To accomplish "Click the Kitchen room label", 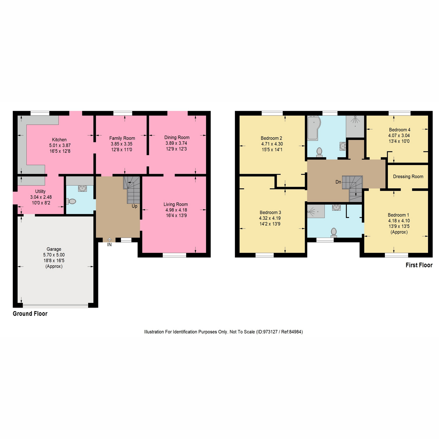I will [x=59, y=140].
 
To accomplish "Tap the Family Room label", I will [x=122, y=138].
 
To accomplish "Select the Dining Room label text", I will [x=177, y=138].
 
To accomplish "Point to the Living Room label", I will [x=176, y=205].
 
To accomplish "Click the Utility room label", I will [x=40, y=191].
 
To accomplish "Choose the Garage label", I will [x=54, y=249].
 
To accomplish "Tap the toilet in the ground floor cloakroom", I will [x=71, y=201].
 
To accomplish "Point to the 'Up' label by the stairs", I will [x=135, y=206].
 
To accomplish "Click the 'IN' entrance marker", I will [x=109, y=244].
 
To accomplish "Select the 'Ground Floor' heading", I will [x=30, y=314].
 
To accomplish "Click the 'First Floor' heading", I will [x=419, y=265].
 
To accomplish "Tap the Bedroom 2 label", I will [x=271, y=138].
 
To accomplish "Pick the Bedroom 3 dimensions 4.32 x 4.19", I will [x=270, y=218].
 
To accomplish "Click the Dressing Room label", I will [x=408, y=176].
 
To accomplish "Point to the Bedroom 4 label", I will [x=399, y=130].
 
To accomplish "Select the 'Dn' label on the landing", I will [x=338, y=182].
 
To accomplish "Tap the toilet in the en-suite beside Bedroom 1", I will [x=333, y=232].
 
